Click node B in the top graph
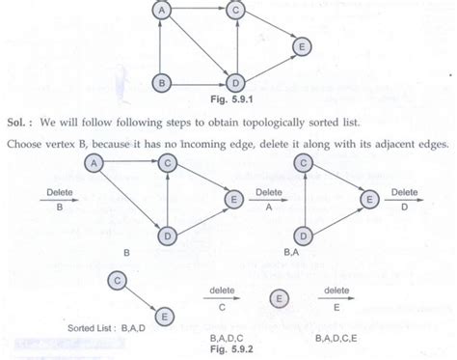point(164,84)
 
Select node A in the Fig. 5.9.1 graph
point(164,13)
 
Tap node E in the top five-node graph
point(302,46)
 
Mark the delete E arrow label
point(336,295)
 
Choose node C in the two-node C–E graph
point(116,279)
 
